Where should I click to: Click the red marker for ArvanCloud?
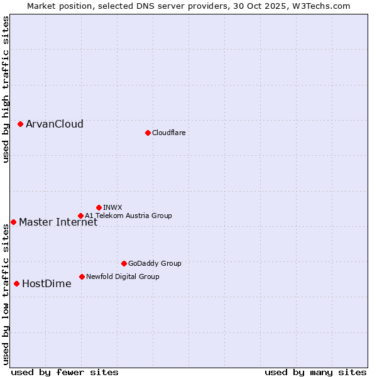pos(20,124)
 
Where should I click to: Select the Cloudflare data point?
pos(148,133)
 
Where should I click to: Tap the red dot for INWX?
pos(99,207)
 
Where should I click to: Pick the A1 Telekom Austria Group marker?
pos(80,216)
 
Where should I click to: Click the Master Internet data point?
pos(13,222)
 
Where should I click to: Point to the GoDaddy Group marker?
pos(124,263)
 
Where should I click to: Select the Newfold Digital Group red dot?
pos(82,276)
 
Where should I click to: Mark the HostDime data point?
pos(16,283)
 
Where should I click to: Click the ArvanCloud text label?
pos(55,124)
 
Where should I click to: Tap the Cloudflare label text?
pos(169,133)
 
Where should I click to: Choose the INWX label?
pos(112,207)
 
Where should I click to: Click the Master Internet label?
pos(58,222)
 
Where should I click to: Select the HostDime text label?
pos(46,283)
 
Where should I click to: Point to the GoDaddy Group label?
pos(155,263)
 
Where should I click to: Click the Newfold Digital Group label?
pos(123,276)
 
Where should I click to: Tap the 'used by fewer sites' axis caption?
pos(65,372)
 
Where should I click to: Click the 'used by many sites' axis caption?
pos(315,372)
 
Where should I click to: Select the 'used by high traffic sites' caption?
pos(6,89)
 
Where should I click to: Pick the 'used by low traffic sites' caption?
pos(6,294)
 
